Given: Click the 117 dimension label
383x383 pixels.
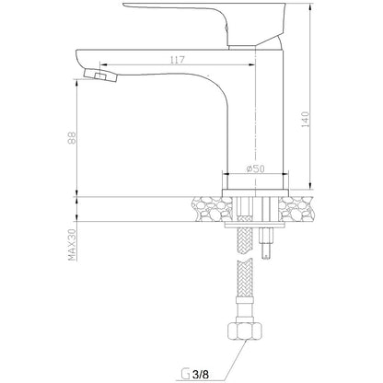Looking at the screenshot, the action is pos(178,60).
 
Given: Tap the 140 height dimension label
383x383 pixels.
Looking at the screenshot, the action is pos(306,120).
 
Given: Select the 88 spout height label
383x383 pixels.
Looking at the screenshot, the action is pos(72,138).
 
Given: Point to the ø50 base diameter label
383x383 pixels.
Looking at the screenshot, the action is pos(255,168).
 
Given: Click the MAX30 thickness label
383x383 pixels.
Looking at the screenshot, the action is pos(72,245).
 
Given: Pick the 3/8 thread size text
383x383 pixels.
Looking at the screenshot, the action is pos(201,375).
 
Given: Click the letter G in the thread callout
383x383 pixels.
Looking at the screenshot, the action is pos(185,375).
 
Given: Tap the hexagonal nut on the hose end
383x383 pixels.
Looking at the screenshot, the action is pos(245,331).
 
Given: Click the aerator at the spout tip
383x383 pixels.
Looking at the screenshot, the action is pos(100,75).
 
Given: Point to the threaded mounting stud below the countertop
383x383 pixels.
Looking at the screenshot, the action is pos(266,243).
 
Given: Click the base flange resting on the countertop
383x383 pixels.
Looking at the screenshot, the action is pos(255,193).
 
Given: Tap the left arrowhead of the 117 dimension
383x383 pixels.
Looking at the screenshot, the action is pos(103,64).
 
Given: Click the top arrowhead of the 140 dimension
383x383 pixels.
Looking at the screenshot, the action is pos(310,6).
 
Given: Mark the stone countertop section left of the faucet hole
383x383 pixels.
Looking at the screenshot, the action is pos(212,209).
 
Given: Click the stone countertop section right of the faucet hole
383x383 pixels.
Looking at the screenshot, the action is pos(296,209).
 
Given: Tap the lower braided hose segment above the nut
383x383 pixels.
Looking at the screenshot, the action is pos(245,278).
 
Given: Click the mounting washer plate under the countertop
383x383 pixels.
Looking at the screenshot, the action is pos(255,226).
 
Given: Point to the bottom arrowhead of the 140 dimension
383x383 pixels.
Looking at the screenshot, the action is pos(310,186).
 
